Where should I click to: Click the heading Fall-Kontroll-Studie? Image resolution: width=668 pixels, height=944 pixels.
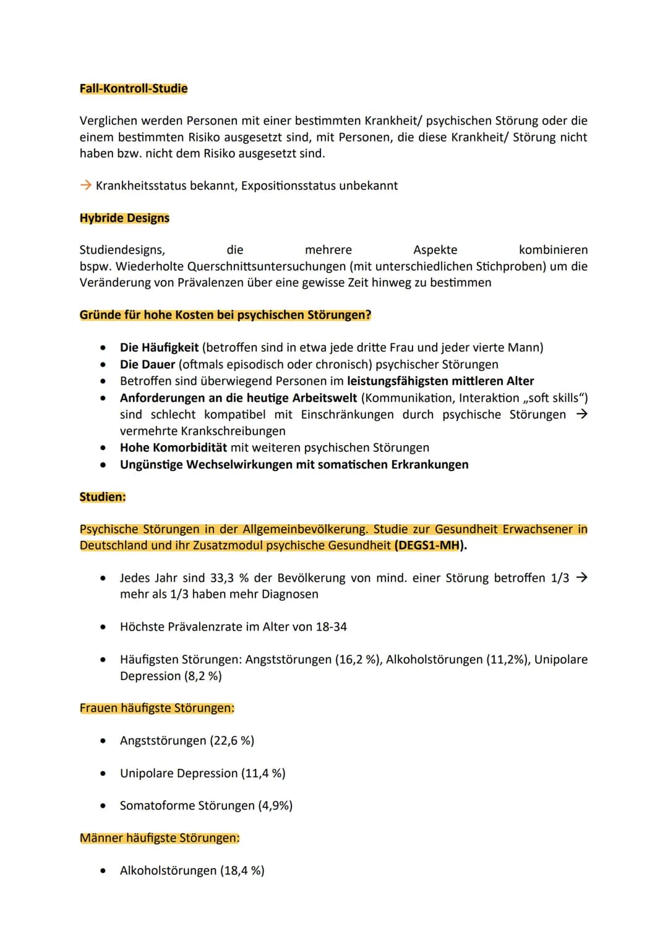click(134, 88)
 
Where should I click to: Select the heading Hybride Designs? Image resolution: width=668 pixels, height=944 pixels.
click(124, 218)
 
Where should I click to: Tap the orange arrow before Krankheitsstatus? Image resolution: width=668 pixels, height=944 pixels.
click(85, 185)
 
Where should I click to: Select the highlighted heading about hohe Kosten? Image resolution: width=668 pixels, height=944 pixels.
click(225, 315)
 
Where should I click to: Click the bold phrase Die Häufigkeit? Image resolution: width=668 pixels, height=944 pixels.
click(159, 347)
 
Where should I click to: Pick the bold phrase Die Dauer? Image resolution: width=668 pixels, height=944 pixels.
click(147, 365)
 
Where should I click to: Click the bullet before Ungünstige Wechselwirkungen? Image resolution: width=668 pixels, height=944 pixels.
click(103, 465)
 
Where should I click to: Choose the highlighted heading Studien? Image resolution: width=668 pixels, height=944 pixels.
click(103, 497)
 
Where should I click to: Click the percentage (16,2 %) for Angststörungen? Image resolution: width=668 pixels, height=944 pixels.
click(358, 660)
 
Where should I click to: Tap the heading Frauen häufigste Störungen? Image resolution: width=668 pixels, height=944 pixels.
click(157, 708)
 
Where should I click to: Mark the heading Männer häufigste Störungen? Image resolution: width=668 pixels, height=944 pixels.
click(160, 838)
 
